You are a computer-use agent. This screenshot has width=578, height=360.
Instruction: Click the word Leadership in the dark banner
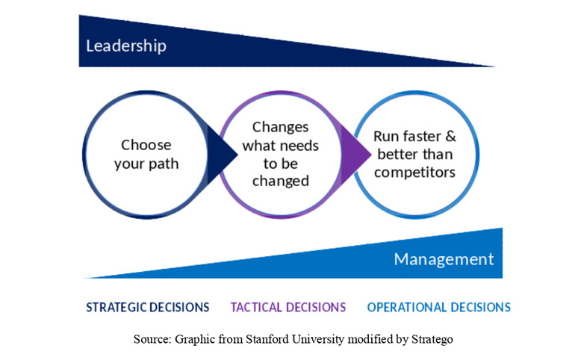[126, 46]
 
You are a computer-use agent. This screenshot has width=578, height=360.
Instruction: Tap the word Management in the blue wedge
[444, 259]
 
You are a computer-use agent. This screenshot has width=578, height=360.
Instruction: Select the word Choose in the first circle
[146, 145]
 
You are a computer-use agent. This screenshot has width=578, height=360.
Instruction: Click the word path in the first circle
[163, 164]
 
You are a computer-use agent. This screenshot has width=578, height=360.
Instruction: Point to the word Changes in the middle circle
[281, 128]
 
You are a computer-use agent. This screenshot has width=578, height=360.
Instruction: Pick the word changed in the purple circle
[281, 181]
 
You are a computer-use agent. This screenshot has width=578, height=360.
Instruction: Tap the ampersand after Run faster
[451, 137]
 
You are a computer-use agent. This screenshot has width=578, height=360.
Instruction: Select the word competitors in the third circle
[414, 173]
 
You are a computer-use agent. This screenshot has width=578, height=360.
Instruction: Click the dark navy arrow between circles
[222, 155]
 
